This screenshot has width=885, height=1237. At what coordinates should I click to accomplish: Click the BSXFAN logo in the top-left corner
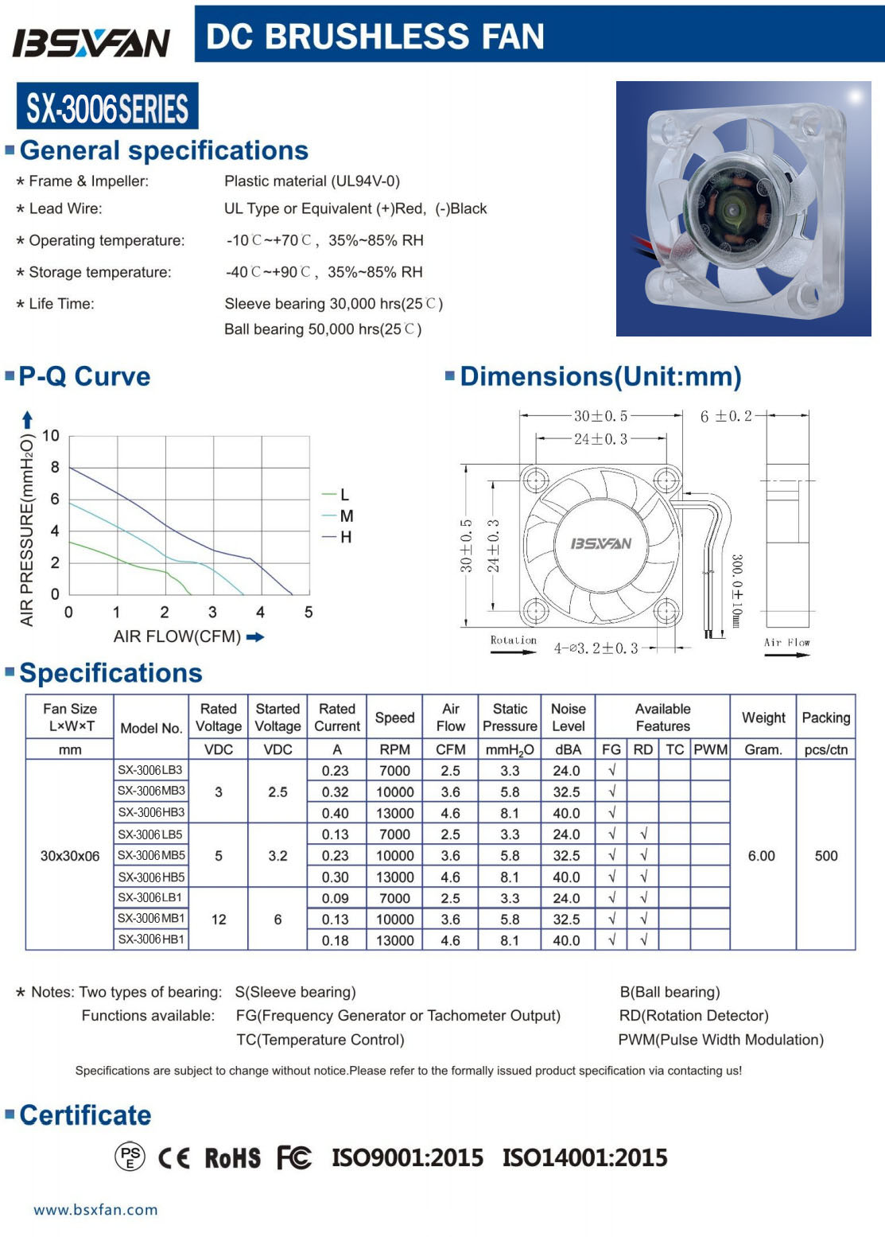point(91,42)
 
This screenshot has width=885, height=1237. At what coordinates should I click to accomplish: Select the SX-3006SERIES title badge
point(107,108)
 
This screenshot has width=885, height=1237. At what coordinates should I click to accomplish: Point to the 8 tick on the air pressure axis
point(55,468)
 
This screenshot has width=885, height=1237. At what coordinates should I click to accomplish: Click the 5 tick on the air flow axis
point(309,613)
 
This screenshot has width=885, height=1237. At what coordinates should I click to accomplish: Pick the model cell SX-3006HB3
point(151,812)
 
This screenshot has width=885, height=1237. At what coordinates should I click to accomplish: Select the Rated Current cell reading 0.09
point(336,898)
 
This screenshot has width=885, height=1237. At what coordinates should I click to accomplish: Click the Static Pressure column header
point(510,717)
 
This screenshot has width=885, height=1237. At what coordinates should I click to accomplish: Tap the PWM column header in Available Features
point(710,749)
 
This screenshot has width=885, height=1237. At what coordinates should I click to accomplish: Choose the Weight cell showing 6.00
point(762,856)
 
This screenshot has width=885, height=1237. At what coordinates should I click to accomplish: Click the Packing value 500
point(826,856)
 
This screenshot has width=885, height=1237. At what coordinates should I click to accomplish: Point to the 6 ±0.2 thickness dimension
point(726,416)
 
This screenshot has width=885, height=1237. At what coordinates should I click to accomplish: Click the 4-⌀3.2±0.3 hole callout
point(596,648)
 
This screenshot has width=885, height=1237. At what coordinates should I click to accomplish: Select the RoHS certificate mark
point(232,1158)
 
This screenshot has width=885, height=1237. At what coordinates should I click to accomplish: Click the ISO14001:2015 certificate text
point(584,1158)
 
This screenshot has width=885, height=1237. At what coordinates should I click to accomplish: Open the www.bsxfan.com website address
point(95,1210)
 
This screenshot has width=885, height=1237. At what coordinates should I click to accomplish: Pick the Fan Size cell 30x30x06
point(70,856)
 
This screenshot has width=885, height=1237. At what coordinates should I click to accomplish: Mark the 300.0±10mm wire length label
point(736,591)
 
